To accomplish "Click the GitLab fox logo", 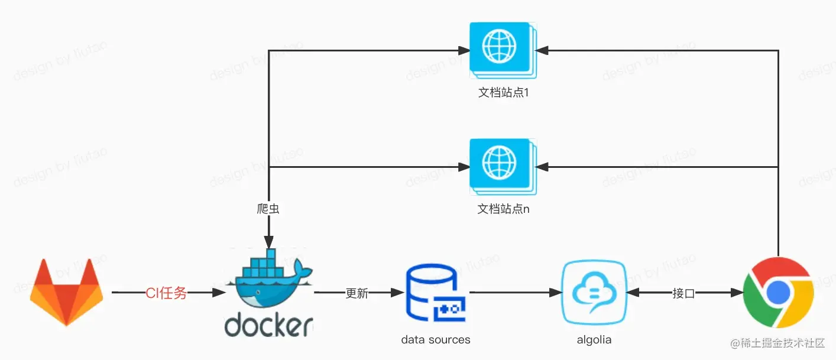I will (66, 292).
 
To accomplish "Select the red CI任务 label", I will (167, 293).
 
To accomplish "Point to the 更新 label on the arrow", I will (357, 293).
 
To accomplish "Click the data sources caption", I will (436, 340).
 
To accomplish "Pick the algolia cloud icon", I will (594, 292).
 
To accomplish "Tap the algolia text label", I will (594, 340).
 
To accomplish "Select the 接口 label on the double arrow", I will (683, 293).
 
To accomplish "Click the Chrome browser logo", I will (778, 292).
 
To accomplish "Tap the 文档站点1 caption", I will (503, 93).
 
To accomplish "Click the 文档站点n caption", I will (503, 209).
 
